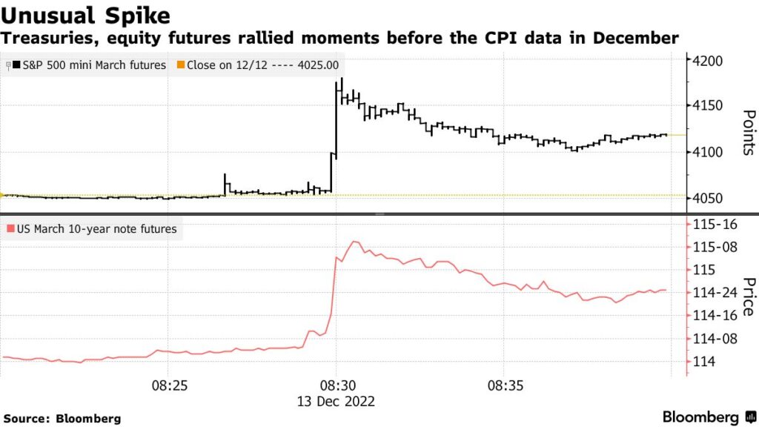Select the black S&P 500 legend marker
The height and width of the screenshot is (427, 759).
pyautogui.click(x=15, y=65)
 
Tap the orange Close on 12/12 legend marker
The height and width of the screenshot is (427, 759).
pyautogui.click(x=180, y=65)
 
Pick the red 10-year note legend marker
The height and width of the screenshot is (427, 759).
pyautogui.click(x=10, y=229)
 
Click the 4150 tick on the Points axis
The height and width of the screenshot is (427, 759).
pyautogui.click(x=710, y=106)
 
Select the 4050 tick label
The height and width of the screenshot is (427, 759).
pyautogui.click(x=710, y=198)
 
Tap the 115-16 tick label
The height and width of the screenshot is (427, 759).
pyautogui.click(x=715, y=224)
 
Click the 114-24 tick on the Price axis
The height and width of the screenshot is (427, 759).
pyautogui.click(x=715, y=293)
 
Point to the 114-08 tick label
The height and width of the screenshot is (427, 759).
pyautogui.click(x=715, y=339)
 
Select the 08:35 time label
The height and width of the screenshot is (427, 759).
pyautogui.click(x=505, y=386)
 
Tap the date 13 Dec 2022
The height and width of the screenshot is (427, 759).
pyautogui.click(x=337, y=401)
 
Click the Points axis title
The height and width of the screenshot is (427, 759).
pyautogui.click(x=748, y=133)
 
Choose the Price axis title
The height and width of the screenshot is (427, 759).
pyautogui.click(x=748, y=297)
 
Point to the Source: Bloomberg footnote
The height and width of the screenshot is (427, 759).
pyautogui.click(x=62, y=418)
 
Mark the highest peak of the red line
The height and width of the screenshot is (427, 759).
pyautogui.click(x=355, y=241)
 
